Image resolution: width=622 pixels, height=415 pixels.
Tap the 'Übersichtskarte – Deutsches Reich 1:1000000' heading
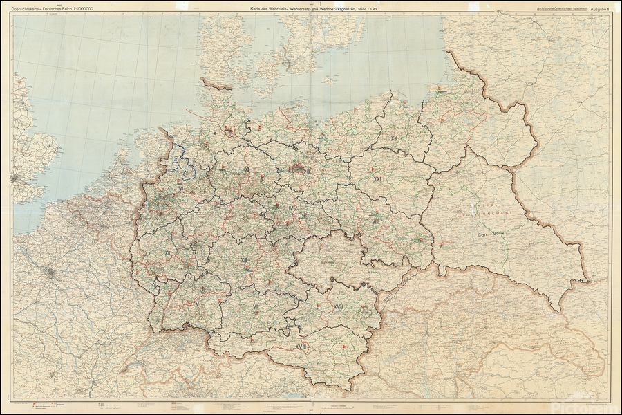click(52, 8)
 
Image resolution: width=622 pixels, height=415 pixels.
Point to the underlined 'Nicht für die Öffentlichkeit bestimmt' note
click(549, 7)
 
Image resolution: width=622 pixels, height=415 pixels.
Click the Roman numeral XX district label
click(394, 138)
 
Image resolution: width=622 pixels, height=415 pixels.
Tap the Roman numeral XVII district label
click(339, 306)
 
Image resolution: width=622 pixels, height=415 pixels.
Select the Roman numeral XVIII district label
click(301, 346)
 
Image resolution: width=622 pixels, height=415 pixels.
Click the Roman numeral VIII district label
click(375, 221)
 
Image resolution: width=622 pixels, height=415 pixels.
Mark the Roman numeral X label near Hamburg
click(215, 132)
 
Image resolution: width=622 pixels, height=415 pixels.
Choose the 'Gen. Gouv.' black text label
click(489, 235)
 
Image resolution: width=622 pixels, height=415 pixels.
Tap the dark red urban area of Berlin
click(299, 167)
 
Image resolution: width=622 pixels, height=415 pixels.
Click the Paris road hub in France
click(52, 272)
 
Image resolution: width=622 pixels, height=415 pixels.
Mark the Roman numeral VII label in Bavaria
click(256, 305)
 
